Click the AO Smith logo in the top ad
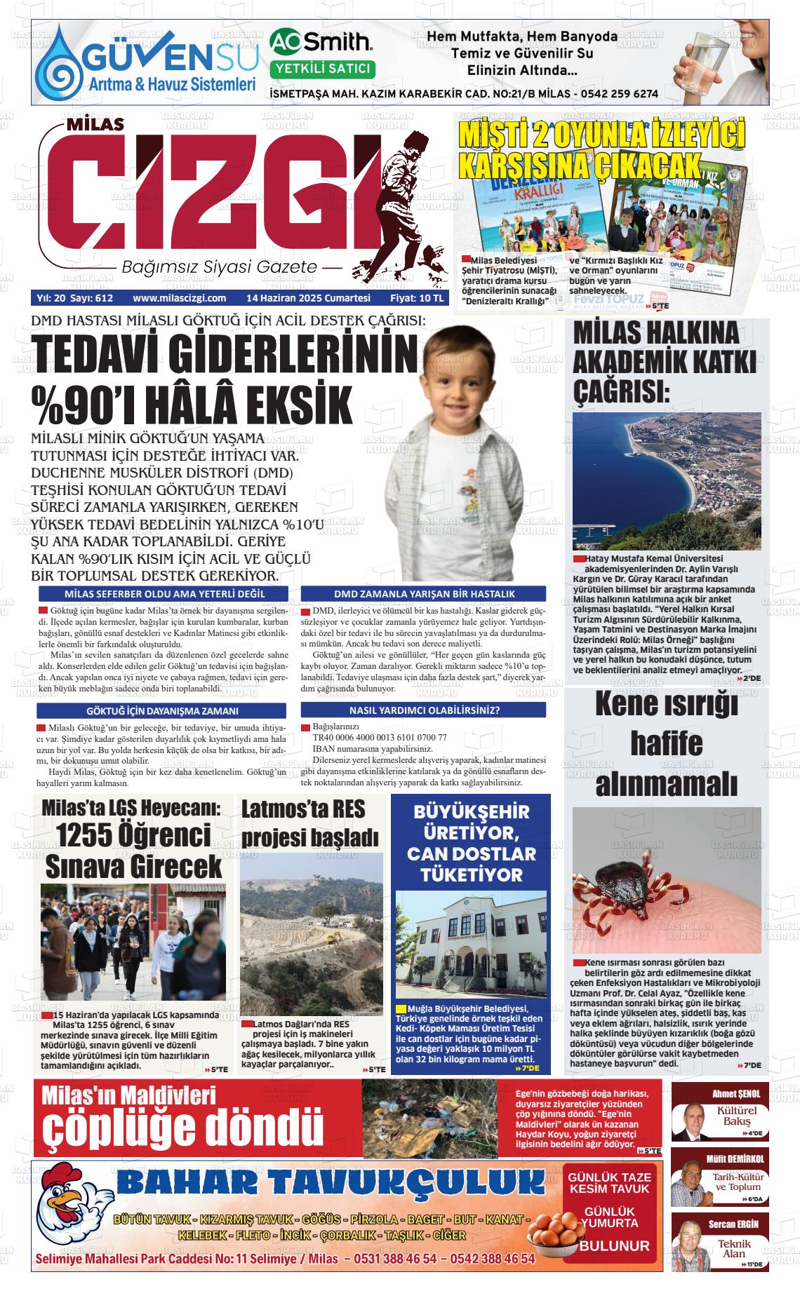click(x=321, y=42)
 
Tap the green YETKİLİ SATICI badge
click(x=322, y=69)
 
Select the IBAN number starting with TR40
click(x=379, y=737)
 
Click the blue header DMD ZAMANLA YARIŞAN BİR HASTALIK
click(x=424, y=593)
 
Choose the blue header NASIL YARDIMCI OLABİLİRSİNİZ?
click(x=424, y=710)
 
